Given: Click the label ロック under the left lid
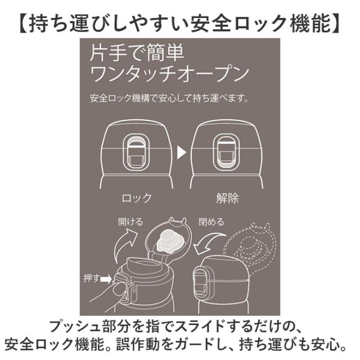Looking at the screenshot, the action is tap(137, 198).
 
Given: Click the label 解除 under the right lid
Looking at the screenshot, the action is tap(227, 198).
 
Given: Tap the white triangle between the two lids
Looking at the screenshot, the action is tap(181, 152).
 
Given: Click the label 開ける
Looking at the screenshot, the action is tap(130, 222).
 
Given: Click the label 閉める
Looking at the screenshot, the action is tap(211, 222).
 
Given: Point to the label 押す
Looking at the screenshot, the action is tap(91, 278).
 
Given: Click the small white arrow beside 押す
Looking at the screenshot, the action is tap(106, 279).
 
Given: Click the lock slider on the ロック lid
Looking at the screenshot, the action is tap(136, 152).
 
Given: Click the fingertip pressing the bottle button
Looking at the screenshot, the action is tap(119, 290).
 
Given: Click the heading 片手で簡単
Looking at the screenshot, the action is tap(137, 53).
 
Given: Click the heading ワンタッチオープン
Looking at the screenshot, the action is tap(169, 74).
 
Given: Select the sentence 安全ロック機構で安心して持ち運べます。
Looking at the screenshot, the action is tap(169, 98).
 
